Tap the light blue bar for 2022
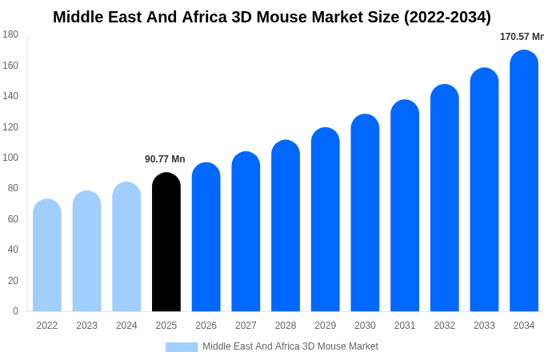click(x=47, y=255)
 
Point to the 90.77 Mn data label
click(x=165, y=159)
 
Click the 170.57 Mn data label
click(x=521, y=37)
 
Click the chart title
click(x=272, y=17)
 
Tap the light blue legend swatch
click(x=182, y=347)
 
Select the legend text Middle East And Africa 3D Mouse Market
click(x=290, y=346)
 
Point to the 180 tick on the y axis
click(x=10, y=34)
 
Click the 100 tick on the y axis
click(x=10, y=158)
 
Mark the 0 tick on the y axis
click(x=15, y=311)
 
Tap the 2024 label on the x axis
click(x=126, y=326)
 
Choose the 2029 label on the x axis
click(x=326, y=326)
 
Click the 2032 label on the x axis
click(x=445, y=326)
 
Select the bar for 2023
click(x=86, y=251)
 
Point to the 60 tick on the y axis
click(x=13, y=219)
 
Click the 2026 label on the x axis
click(x=206, y=326)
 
